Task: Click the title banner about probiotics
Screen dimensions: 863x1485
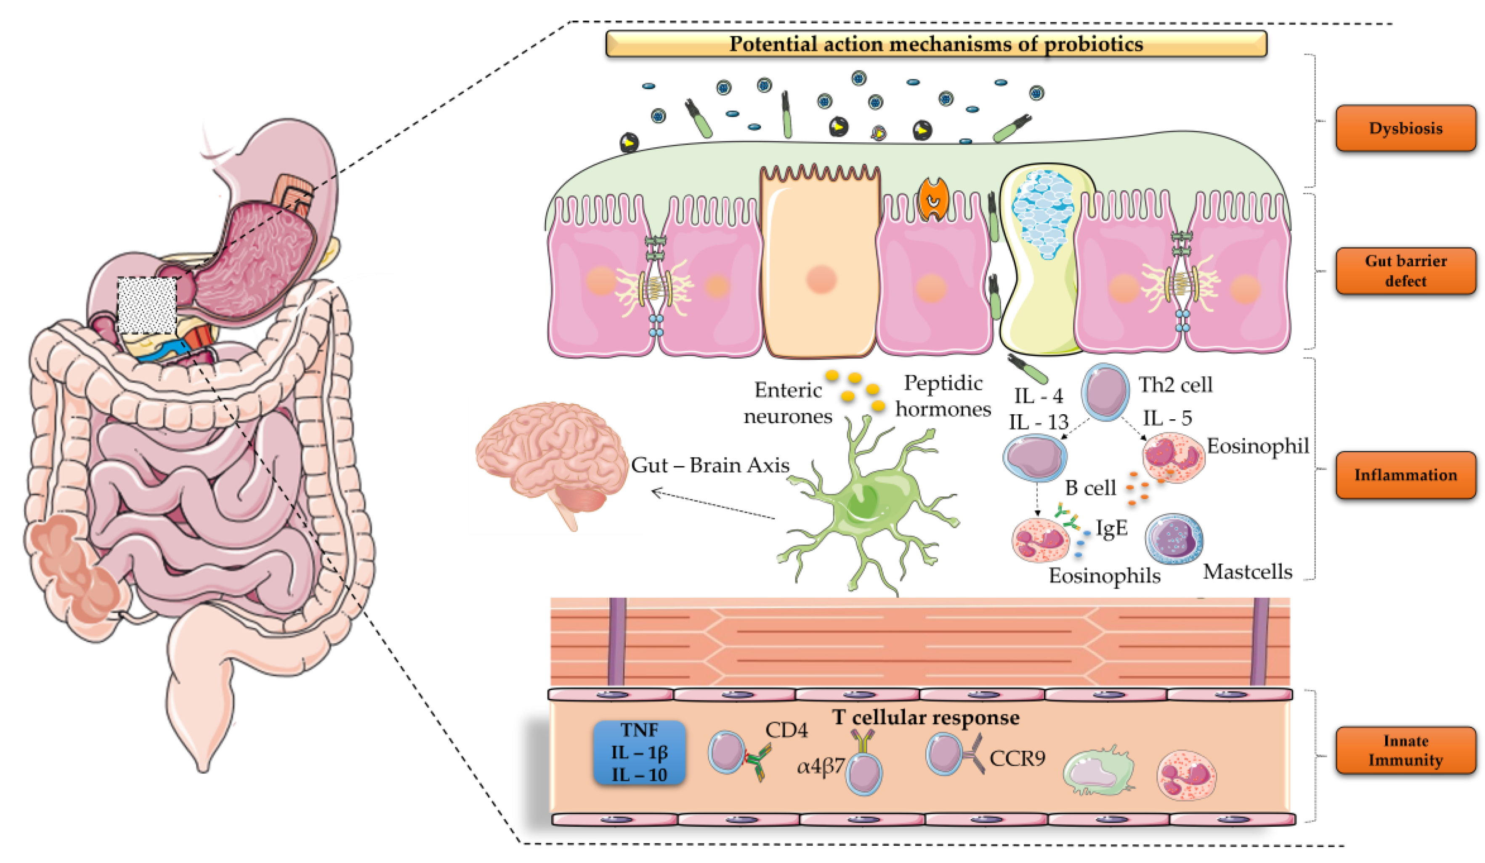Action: click(936, 44)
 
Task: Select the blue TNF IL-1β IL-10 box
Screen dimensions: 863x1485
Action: click(639, 752)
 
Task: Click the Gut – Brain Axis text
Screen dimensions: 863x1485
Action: click(709, 465)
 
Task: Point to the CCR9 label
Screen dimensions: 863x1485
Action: click(1017, 758)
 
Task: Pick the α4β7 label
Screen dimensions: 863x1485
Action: click(820, 767)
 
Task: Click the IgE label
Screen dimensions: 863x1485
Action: click(1111, 528)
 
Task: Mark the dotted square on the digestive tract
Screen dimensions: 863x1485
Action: click(147, 305)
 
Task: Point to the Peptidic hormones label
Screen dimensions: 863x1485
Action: click(943, 396)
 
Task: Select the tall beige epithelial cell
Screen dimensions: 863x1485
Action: click(820, 265)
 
